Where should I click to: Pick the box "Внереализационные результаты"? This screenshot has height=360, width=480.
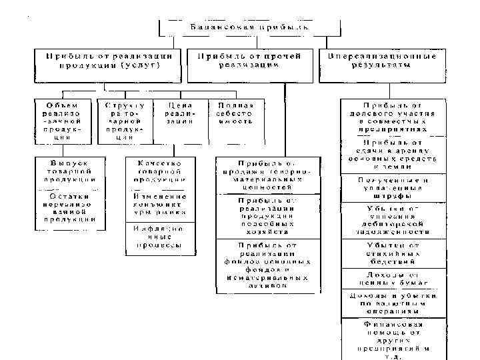click(382, 61)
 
